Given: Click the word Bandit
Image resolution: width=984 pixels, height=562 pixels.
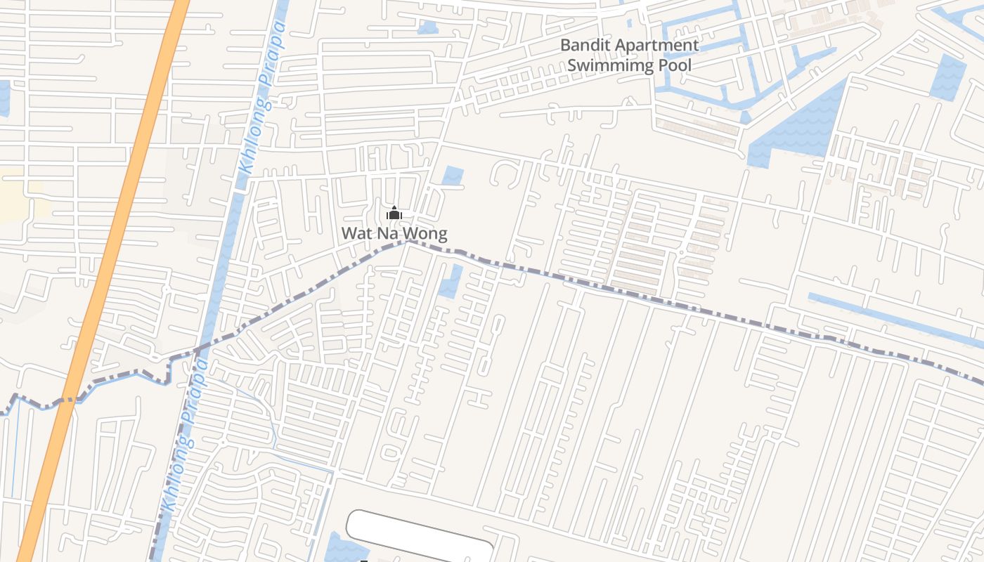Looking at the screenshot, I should click(x=585, y=46).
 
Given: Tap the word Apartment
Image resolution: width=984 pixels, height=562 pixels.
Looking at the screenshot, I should click(x=657, y=46).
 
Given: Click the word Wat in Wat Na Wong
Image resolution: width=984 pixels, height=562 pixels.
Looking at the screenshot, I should click(x=356, y=233).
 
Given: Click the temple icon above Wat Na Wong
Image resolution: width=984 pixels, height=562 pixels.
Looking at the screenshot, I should click(x=394, y=214).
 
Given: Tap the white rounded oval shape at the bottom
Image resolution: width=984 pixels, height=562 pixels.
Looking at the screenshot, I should click(x=420, y=534).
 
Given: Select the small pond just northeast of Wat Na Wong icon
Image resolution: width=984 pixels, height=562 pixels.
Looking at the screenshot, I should click(x=453, y=175).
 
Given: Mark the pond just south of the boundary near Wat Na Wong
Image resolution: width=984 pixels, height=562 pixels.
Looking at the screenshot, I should click(x=451, y=281).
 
